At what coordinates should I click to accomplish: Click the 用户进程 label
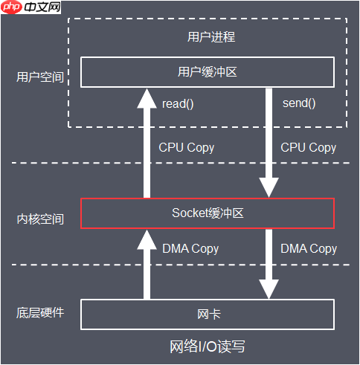(x=208, y=36)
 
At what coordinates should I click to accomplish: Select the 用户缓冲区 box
(x=208, y=72)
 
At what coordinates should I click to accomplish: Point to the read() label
(x=178, y=103)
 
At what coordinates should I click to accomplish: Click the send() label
(x=299, y=103)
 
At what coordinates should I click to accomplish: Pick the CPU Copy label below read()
(x=187, y=147)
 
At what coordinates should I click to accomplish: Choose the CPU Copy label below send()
(x=309, y=147)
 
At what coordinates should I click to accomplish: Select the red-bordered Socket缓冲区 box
(x=208, y=213)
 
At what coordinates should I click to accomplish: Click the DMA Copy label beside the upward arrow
(x=190, y=248)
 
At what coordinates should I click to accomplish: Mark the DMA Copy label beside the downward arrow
(x=309, y=248)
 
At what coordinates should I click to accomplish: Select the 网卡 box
(x=208, y=314)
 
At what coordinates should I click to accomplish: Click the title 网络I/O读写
(x=208, y=347)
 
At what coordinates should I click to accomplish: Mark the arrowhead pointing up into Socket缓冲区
(x=147, y=239)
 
